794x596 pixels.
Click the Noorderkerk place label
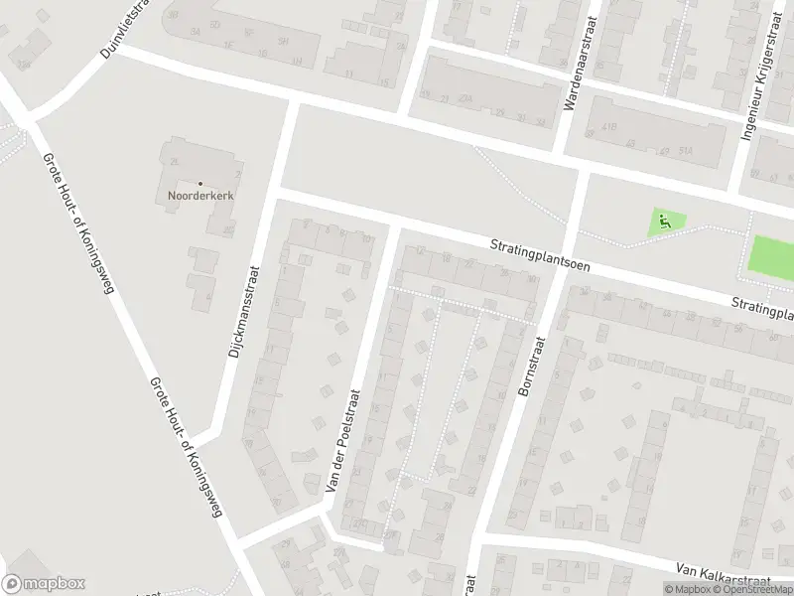tap(199, 196)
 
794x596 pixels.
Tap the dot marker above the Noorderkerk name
tap(199, 183)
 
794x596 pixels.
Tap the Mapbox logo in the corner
tap(44, 584)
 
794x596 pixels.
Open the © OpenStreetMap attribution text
tap(753, 589)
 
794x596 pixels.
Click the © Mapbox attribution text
tap(688, 589)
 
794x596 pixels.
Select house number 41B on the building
tap(606, 126)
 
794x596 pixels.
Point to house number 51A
tap(686, 151)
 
